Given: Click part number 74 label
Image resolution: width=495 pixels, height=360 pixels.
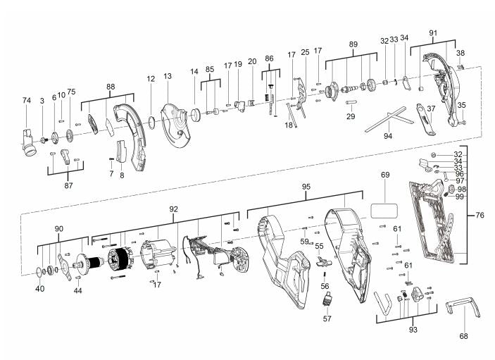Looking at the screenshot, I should coord(27,101).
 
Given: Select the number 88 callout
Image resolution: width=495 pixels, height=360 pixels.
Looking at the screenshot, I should coord(111,86).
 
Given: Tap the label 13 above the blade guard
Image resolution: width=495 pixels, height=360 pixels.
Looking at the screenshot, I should coord(168,76).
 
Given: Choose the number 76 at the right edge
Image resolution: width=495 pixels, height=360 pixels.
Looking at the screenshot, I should coord(480,215).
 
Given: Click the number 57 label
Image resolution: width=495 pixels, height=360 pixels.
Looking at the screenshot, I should coord(327,319).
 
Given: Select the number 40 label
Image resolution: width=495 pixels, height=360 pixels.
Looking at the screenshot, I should coord(39,289).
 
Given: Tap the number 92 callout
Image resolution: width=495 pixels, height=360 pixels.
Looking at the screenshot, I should coord(173,209).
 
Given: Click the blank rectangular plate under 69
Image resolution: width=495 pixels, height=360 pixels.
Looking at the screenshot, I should coord(385,209).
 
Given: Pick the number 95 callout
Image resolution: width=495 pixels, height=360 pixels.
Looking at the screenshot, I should coord(306,187).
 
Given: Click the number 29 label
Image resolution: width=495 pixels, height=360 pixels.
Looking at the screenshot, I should coord(351,116).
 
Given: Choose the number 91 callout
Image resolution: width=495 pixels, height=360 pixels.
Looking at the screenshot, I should coord(433,32).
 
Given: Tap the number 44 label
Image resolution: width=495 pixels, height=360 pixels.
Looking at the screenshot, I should coord(77,290).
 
